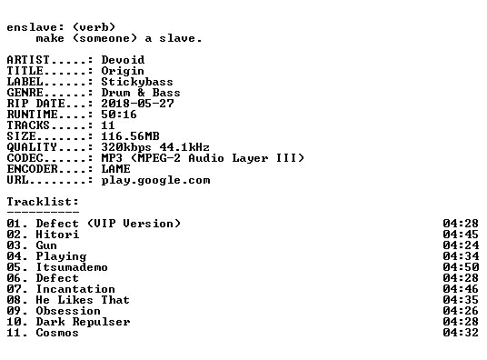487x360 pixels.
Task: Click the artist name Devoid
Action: pos(123,60)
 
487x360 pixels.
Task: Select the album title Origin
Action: pos(123,71)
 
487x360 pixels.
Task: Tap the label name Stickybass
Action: pos(137,82)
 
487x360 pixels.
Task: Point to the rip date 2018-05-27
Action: pos(137,104)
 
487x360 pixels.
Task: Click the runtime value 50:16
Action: pos(119,115)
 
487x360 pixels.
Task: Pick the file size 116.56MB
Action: pos(131,135)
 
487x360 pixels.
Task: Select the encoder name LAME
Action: pos(116,169)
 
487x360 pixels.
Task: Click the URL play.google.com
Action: pos(156,181)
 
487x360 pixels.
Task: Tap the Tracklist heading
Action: pos(43,202)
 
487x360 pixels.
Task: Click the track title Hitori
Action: pos(57,235)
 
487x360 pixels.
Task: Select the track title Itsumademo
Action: pos(72,267)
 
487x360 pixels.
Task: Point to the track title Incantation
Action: pos(75,289)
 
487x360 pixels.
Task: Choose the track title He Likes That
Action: pos(83,300)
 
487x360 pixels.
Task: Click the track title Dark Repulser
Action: pos(83,322)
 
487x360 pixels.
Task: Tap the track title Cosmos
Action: pos(57,333)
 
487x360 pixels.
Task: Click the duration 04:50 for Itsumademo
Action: pos(461,267)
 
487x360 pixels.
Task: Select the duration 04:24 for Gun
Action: pos(461,245)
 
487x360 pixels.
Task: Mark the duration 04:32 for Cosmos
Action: pos(461,333)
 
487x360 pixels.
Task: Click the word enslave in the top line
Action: pos(32,27)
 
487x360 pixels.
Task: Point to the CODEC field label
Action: pos(25,158)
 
